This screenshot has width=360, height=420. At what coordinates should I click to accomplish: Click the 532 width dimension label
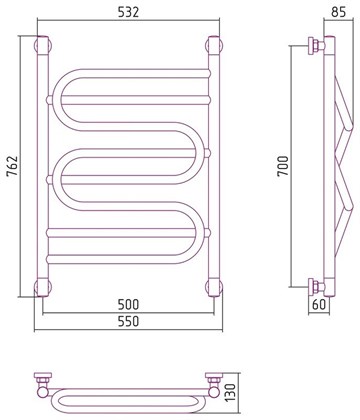[128, 12]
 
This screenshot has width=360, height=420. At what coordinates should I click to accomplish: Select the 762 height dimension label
[12, 166]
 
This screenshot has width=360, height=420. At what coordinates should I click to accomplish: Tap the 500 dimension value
[128, 304]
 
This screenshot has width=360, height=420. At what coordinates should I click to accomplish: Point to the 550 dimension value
[128, 321]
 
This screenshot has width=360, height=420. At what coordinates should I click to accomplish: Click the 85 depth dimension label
[339, 12]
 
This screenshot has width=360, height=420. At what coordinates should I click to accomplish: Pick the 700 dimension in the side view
[284, 166]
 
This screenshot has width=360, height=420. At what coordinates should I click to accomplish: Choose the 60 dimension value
[319, 304]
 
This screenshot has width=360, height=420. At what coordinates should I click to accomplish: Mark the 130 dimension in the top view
[232, 393]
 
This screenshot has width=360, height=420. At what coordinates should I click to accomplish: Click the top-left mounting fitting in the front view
[43, 45]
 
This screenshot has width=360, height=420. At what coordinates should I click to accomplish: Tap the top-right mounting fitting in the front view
[214, 45]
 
